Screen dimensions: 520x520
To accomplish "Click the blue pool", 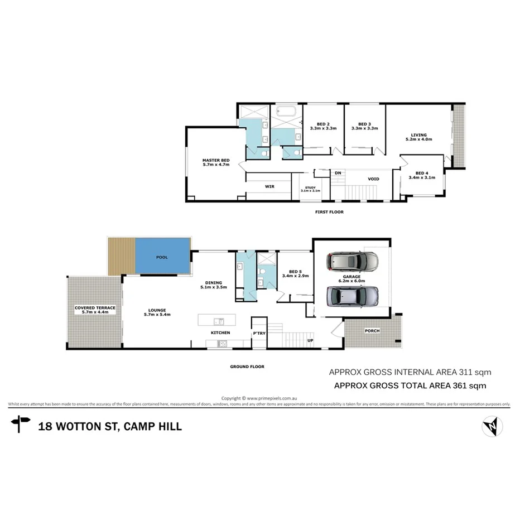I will pos(162,257).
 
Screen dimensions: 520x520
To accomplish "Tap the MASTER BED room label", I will pos(216,161).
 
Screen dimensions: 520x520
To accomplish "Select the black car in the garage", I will pos(352,261).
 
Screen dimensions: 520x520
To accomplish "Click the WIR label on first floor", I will pos(268,186).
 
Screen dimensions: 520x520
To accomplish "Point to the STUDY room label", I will pos(310,188).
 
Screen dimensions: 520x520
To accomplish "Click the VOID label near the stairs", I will pos(373,179).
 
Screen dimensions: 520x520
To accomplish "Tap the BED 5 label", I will pos(295,272).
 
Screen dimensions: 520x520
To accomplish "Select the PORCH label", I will pos(372,331).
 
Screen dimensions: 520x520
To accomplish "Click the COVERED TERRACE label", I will pos(95,308).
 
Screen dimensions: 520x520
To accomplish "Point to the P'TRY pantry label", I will pos(259,333).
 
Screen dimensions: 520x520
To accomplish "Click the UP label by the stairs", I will pos(310,340).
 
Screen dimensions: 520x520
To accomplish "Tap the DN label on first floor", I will pos(338,173).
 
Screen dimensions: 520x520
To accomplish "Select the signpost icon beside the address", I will pos(22,424).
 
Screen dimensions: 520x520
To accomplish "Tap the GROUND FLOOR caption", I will pos(247,367).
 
